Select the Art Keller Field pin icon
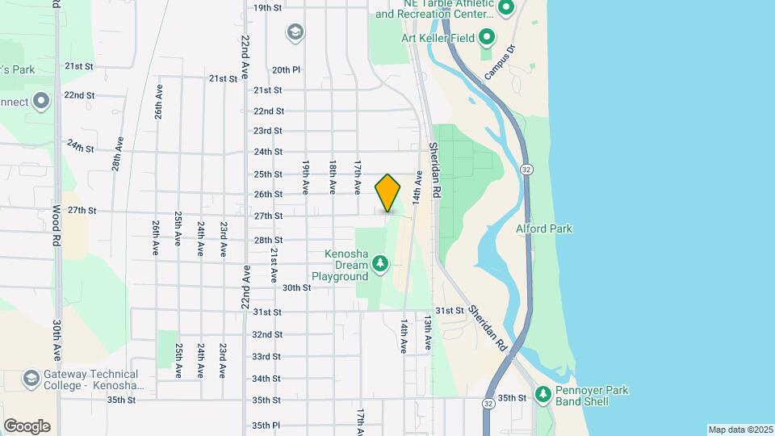[x=487, y=37]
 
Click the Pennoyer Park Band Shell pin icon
[x=543, y=394]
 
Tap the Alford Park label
[x=544, y=228]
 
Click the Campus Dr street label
[x=499, y=62]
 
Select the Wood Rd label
[x=56, y=220]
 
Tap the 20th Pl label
[x=286, y=70]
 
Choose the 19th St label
[x=267, y=7]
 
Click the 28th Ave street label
[x=118, y=153]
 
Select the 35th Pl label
[x=266, y=425]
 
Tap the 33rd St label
[x=266, y=356]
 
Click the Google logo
[x=27, y=426]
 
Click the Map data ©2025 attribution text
[x=740, y=430]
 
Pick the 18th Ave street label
[x=332, y=175]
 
